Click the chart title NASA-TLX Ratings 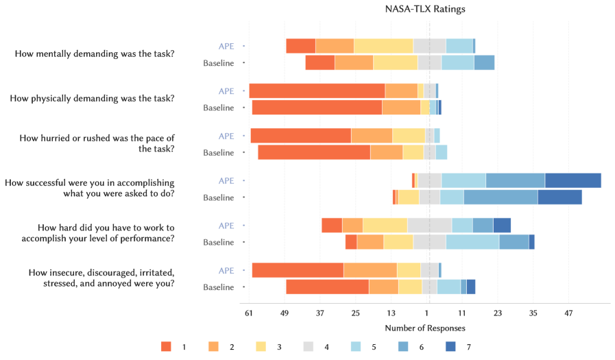[426, 10]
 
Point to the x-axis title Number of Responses [425, 328]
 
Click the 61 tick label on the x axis [249, 313]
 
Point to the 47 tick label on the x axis [568, 313]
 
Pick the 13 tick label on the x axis [391, 313]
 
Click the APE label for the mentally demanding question [226, 46]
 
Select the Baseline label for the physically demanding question [218, 108]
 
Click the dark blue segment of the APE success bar [573, 180]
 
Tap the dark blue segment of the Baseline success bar [559, 197]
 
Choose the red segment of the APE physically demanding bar [317, 91]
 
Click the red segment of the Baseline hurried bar [314, 152]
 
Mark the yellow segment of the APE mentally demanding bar [383, 46]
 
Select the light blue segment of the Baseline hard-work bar [472, 242]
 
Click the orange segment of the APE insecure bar [370, 270]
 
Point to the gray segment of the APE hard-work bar [430, 225]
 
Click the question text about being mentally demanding [94, 53]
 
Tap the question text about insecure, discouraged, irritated [101, 278]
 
